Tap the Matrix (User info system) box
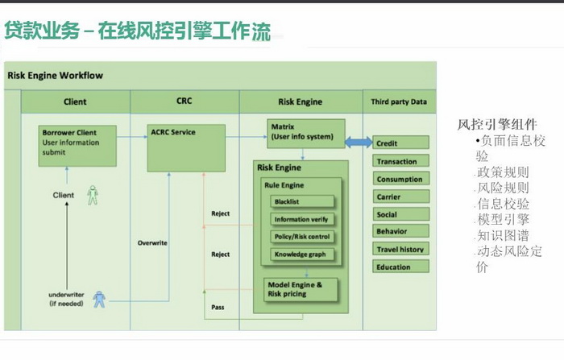(306, 133)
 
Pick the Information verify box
(303, 219)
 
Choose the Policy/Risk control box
(303, 237)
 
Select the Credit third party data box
(400, 143)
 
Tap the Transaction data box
(400, 161)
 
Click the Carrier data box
(400, 197)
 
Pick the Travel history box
(400, 249)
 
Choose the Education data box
(400, 267)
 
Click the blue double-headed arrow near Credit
(359, 143)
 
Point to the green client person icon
(93, 195)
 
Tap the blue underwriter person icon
(99, 300)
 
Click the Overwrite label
(152, 242)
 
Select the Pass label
(218, 308)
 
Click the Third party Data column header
(399, 102)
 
